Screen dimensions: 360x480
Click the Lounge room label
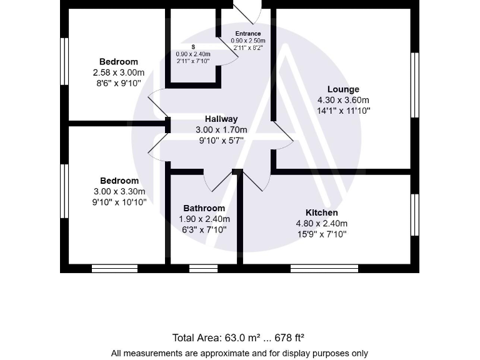[343, 89]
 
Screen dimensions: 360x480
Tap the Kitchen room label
[321, 212]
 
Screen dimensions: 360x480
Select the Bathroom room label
[204, 208]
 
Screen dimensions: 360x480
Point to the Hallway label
[221, 119]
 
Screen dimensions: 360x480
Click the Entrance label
[248, 34]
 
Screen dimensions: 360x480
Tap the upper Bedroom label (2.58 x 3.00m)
[118, 61]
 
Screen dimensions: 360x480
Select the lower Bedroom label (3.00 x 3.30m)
[119, 181]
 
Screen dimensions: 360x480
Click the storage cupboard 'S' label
[193, 47]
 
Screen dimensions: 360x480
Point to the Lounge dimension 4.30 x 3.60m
[343, 100]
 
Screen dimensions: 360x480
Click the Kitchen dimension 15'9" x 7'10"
[321, 234]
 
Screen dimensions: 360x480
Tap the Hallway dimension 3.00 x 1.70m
[221, 130]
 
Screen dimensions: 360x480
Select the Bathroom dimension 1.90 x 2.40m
[204, 219]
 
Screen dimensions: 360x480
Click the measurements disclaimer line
[239, 353]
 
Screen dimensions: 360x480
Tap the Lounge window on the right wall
[414, 84]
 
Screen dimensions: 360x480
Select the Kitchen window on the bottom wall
[324, 269]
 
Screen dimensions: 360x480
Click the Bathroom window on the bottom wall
[203, 269]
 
